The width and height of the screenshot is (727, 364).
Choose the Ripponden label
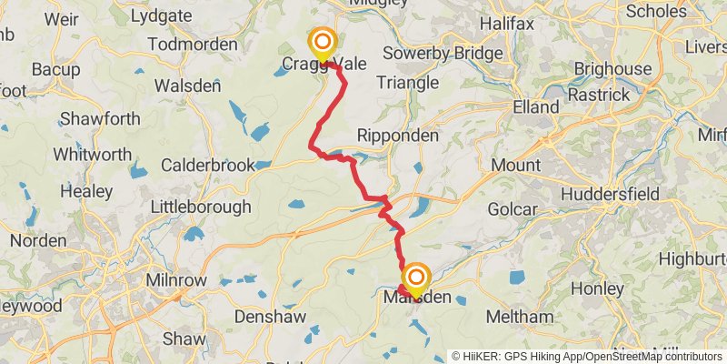coord(398,135)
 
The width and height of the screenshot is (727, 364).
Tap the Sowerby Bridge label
coord(443,53)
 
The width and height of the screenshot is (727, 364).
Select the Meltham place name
coord(519,317)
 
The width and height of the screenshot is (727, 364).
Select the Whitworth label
coord(92,154)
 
